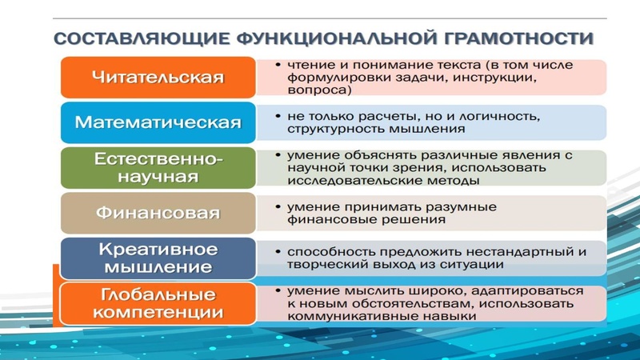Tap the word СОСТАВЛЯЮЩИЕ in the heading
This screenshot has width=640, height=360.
tap(136, 38)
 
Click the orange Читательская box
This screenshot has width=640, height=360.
tap(157, 78)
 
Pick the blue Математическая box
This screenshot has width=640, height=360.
tap(157, 122)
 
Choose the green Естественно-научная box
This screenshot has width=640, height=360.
tap(157, 167)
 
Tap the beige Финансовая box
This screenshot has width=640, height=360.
tap(157, 213)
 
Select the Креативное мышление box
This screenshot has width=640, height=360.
tap(157, 258)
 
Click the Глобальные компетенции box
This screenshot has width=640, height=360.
tap(157, 302)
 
